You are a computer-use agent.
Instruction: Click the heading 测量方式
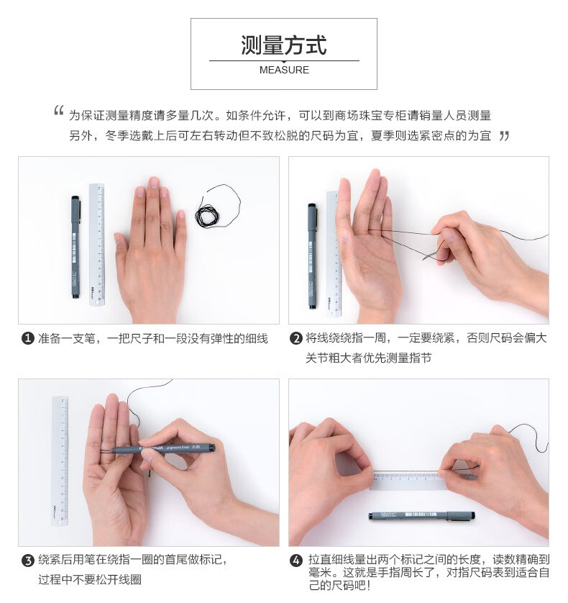coord(283,45)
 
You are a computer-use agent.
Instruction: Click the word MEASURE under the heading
coord(284,70)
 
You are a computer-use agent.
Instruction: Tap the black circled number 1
coord(27,338)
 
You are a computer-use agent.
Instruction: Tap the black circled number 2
coord(296,338)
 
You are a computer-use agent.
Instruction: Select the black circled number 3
coord(27,560)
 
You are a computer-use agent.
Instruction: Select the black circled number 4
coord(296,560)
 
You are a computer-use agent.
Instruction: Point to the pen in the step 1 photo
coord(75,248)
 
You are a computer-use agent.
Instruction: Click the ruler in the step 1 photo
coord(97,245)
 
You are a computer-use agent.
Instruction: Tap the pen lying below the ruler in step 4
coord(421,516)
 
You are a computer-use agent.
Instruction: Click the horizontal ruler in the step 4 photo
coord(408,481)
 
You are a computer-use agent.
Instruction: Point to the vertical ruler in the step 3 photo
coord(60,461)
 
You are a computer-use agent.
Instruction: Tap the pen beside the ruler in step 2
coord(313,256)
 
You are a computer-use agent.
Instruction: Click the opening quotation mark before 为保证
coord(58,111)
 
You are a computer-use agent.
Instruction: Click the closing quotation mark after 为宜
coord(504,136)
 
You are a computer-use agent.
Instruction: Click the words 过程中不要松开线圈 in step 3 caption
coord(90,579)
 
